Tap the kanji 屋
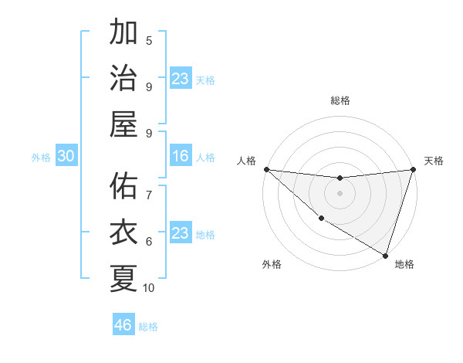(123, 124)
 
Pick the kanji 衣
(123, 232)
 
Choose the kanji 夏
(123, 279)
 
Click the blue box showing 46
(123, 325)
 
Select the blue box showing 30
(66, 156)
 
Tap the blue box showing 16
(181, 156)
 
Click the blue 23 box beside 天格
(181, 78)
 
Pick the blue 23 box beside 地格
(181, 233)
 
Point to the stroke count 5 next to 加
(149, 40)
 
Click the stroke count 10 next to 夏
(149, 288)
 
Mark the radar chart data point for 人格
(266, 169)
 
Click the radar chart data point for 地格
(385, 255)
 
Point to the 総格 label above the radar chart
(340, 100)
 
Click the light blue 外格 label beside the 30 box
(41, 157)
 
